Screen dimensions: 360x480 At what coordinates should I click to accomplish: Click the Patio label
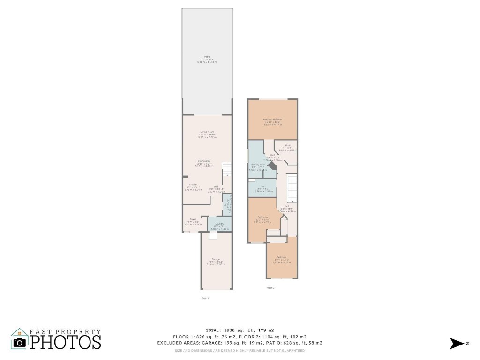(x=207, y=56)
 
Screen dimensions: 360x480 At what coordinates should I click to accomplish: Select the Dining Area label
(x=204, y=161)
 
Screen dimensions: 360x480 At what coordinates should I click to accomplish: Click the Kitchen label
(x=193, y=184)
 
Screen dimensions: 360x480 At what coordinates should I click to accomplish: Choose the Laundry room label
(x=219, y=224)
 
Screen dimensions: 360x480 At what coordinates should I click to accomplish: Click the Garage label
(x=216, y=259)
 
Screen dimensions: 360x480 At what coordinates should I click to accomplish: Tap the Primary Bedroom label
(x=272, y=120)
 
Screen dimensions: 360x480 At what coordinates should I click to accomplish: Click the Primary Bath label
(x=258, y=165)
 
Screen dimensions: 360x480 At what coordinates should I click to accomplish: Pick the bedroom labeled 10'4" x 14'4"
(x=281, y=257)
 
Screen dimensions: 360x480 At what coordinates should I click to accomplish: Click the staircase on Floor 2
(x=292, y=187)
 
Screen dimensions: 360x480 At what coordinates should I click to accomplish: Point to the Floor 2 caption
(x=270, y=287)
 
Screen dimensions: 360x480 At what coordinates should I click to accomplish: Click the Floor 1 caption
(x=205, y=298)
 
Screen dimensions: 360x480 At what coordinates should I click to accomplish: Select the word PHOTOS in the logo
(x=66, y=342)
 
